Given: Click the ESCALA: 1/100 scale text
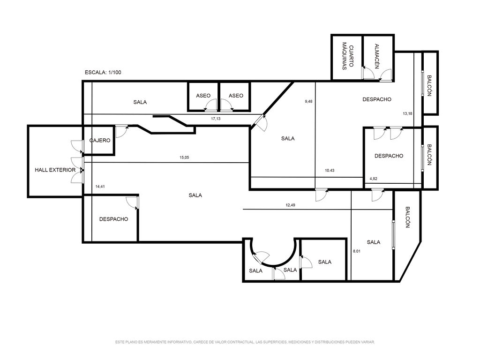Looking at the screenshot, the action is (x=103, y=73).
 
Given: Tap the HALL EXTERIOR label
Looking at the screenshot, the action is (x=55, y=170).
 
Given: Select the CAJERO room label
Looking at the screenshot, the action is (x=100, y=141).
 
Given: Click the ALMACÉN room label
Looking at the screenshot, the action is (x=377, y=56).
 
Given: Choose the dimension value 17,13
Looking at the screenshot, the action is (x=216, y=119).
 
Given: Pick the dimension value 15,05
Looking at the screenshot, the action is (x=184, y=157).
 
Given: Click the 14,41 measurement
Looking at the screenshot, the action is (x=100, y=187).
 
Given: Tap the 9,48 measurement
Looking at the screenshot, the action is (x=308, y=101).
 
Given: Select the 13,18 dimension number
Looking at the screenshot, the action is (x=407, y=113).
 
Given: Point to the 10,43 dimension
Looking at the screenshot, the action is (x=330, y=171).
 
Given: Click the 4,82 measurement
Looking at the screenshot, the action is (x=374, y=179).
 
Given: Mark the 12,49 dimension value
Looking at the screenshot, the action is (x=291, y=205).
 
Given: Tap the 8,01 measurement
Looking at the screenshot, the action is (x=357, y=251).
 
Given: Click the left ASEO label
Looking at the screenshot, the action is (x=203, y=96).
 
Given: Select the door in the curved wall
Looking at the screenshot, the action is (x=261, y=258).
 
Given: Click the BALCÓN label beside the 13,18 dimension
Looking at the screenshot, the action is (x=429, y=86).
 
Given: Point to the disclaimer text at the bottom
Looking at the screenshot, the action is (x=245, y=342).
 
